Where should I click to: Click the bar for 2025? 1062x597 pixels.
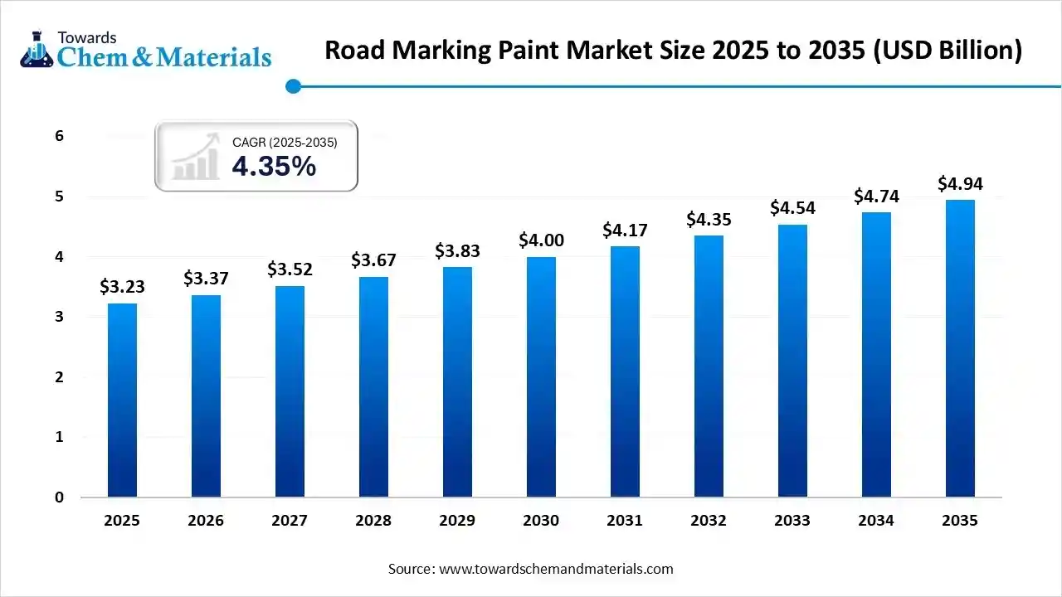122,400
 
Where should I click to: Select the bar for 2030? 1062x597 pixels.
541,377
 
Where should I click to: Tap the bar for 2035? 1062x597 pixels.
960,348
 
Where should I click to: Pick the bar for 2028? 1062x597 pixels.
373,387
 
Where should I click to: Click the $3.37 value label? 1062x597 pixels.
206,278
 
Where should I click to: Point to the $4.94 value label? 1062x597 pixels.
960,183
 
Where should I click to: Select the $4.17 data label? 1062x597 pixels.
625,230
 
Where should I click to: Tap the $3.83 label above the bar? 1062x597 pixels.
457,250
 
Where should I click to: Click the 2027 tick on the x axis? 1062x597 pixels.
290,521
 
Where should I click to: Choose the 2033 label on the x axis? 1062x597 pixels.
792,521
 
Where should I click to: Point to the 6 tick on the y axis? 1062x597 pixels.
59,136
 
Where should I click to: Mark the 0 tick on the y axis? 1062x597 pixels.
59,498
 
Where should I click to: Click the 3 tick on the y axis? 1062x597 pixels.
59,317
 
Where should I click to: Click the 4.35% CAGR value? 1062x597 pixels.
274,167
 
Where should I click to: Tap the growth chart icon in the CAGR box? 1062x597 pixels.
196,157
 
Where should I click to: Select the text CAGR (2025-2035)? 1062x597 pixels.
285,143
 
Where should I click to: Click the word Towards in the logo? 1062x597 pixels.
87,37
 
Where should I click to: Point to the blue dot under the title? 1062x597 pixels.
292,86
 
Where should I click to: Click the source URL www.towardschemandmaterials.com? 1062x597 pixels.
556,569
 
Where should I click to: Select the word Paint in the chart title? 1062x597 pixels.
533,51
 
